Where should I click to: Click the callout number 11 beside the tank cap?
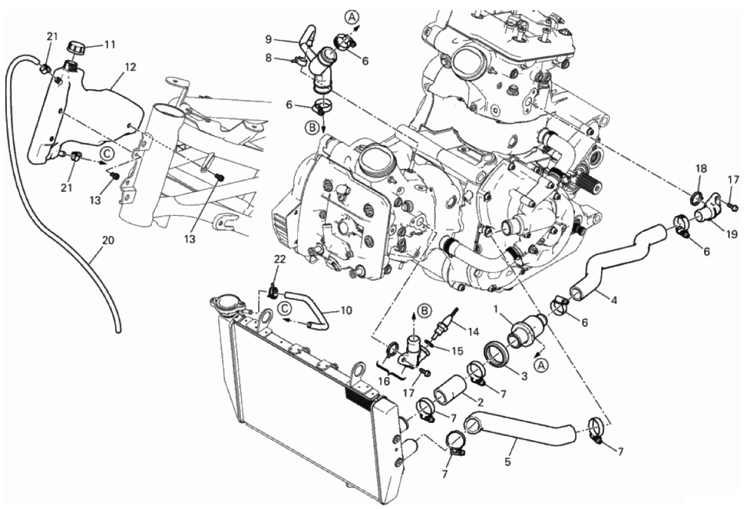click(x=109, y=45)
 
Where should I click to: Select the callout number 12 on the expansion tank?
click(x=130, y=67)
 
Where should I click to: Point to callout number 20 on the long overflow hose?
click(x=108, y=240)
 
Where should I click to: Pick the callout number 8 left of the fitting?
click(x=268, y=58)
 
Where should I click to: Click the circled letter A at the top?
click(x=352, y=18)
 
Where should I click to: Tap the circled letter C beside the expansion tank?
click(x=108, y=153)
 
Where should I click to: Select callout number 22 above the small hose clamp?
click(x=280, y=259)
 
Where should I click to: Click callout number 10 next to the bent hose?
click(x=346, y=310)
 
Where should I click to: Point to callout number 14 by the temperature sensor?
click(x=473, y=331)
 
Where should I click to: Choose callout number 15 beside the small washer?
click(x=457, y=352)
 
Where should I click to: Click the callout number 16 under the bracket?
click(x=384, y=381)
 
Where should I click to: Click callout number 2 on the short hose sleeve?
click(x=480, y=402)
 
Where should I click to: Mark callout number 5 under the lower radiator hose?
click(x=508, y=462)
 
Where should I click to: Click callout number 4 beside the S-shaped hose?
click(x=614, y=301)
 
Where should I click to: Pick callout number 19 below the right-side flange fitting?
click(x=731, y=235)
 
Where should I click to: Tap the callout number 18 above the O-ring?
click(x=701, y=169)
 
